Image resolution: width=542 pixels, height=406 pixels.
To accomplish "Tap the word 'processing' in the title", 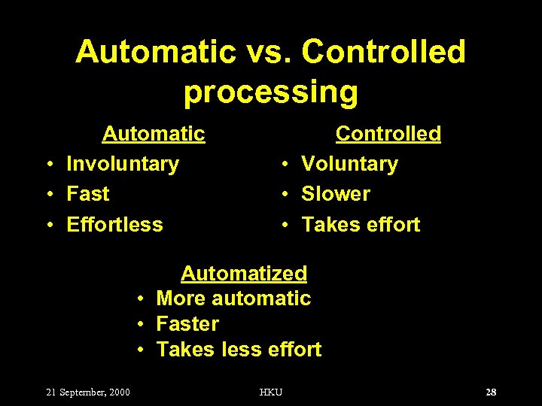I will click(271, 92).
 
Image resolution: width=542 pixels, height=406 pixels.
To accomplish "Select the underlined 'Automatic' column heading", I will click(154, 134).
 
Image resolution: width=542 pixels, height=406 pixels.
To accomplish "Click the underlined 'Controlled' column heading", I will click(388, 134).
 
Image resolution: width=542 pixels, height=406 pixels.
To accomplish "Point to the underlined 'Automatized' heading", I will click(244, 273).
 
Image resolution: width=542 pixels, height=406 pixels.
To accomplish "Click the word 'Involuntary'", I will click(123, 164).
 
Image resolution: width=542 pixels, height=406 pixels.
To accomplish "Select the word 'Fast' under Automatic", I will click(88, 194).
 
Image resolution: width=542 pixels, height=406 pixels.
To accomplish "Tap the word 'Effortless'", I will click(114, 224).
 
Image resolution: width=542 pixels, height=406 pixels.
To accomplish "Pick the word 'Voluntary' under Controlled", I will click(349, 164).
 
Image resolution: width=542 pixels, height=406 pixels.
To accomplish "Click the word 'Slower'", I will click(336, 194).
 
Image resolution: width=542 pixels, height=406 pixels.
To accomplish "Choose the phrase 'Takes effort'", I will click(361, 224).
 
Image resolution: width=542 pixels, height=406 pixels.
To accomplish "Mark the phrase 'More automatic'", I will click(233, 298).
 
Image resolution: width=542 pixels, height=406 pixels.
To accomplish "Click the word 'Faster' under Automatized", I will click(187, 324).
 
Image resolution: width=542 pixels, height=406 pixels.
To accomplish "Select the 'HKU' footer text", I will click(271, 392).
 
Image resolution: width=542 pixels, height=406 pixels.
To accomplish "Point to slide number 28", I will click(491, 392).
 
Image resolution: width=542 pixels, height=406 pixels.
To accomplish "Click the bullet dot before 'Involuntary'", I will click(48, 165).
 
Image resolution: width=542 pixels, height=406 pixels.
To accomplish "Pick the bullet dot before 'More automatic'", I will click(140, 299).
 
